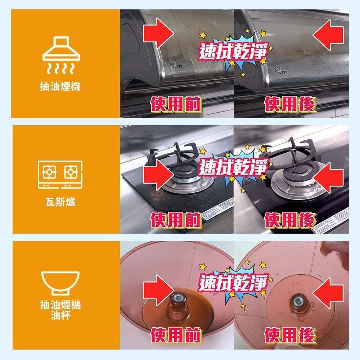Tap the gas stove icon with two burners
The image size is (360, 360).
(x=60, y=174)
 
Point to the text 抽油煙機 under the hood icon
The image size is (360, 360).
(x=60, y=86)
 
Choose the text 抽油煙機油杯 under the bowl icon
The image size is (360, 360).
(x=60, y=311)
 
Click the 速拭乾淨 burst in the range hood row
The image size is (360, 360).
(x=234, y=52)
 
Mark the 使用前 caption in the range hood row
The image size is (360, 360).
(x=176, y=104)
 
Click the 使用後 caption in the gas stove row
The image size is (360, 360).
(x=290, y=219)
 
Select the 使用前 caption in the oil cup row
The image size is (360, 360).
(x=176, y=336)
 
